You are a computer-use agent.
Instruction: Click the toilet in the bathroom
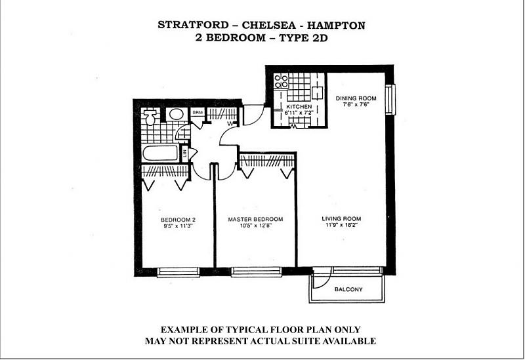coord(150,117)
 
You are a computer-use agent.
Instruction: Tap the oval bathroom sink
coord(176,114)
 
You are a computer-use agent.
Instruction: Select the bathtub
coord(160,153)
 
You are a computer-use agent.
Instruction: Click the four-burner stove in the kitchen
coord(281,81)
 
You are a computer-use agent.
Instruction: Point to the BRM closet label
coord(198,112)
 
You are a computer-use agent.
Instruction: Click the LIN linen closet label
coord(184,153)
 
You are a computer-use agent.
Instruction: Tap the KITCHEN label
coord(299,106)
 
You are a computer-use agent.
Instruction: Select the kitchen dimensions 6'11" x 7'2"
coord(299,113)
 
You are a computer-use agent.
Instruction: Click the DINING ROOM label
coord(356,98)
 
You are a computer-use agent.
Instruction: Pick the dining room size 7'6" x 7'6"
coord(356,104)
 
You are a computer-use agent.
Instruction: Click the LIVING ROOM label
coord(341,219)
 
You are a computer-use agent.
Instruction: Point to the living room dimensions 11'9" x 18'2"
coord(341,225)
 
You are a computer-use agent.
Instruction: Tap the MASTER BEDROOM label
coord(255,219)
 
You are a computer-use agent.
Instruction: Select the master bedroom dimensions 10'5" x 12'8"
coord(255,226)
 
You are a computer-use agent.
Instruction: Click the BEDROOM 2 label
coord(178,220)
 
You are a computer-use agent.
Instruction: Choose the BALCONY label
coord(348,289)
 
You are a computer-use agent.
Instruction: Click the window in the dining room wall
coord(390,100)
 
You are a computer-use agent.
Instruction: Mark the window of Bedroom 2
coord(178,272)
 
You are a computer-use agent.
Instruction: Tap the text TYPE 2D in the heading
coord(303,37)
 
